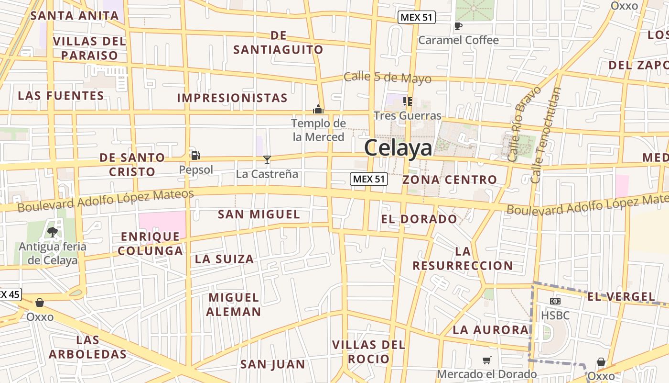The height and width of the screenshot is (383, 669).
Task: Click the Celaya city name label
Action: (398, 148)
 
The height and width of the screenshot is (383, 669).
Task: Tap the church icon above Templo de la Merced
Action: (318, 109)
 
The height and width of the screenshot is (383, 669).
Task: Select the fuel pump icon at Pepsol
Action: (195, 155)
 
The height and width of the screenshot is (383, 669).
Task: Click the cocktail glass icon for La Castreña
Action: (267, 160)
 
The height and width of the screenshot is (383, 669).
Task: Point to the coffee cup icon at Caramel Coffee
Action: (458, 26)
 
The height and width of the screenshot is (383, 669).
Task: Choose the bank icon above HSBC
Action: (555, 301)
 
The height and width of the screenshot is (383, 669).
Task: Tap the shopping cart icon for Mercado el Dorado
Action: (486, 360)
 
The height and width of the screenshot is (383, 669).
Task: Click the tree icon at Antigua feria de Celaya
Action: (52, 232)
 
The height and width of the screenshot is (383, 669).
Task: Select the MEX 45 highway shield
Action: (9, 294)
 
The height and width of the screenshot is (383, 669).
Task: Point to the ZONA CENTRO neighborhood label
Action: (450, 180)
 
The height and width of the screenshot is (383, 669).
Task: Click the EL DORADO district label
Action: (419, 219)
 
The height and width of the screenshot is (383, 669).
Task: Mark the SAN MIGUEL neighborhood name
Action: (259, 214)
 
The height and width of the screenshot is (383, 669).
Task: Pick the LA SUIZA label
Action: (224, 259)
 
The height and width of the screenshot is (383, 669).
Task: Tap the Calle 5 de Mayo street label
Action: (388, 78)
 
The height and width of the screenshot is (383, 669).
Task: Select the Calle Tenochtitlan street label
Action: (545, 135)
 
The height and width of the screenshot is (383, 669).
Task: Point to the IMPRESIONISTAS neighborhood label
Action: (232, 98)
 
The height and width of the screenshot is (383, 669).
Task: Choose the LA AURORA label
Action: (490, 330)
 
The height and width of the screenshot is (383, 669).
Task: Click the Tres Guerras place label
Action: (408, 115)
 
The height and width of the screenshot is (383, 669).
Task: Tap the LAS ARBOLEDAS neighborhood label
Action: (87, 348)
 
